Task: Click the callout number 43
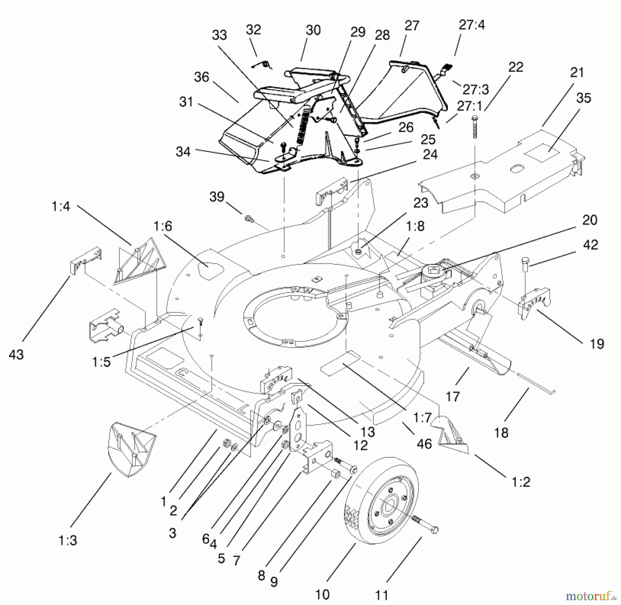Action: click(16, 354)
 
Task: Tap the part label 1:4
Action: click(61, 206)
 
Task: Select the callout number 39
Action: click(217, 197)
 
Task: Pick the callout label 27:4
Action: click(472, 25)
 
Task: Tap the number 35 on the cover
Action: click(583, 98)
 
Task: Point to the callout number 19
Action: click(597, 344)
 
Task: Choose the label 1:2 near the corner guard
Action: click(521, 481)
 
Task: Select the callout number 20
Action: click(590, 220)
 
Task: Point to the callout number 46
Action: click(424, 444)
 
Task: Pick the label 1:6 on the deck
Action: click(162, 226)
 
